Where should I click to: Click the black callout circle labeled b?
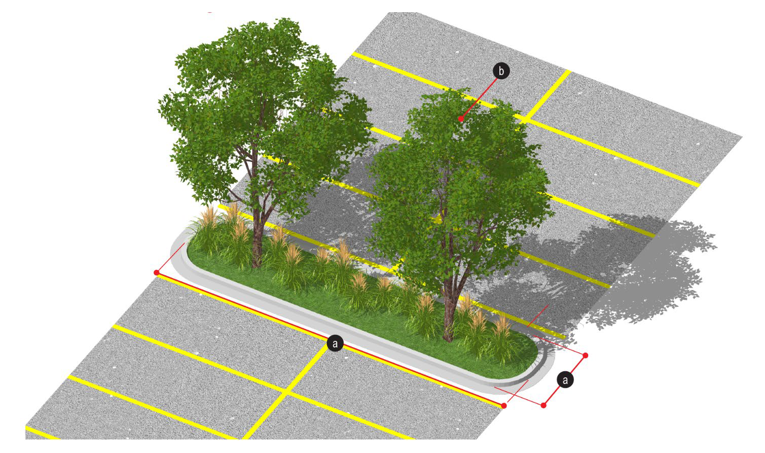click(x=501, y=71)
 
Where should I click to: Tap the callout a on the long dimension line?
click(x=335, y=343)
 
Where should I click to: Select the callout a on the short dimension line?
click(x=565, y=380)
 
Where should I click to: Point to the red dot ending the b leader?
click(x=461, y=119)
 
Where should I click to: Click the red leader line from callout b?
click(x=479, y=98)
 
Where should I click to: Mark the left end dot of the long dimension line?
click(x=157, y=272)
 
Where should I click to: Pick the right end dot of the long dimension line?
click(x=504, y=405)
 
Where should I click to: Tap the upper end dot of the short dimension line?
click(x=585, y=355)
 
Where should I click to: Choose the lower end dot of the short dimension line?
click(x=543, y=405)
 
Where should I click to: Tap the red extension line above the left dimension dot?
click(x=170, y=258)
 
